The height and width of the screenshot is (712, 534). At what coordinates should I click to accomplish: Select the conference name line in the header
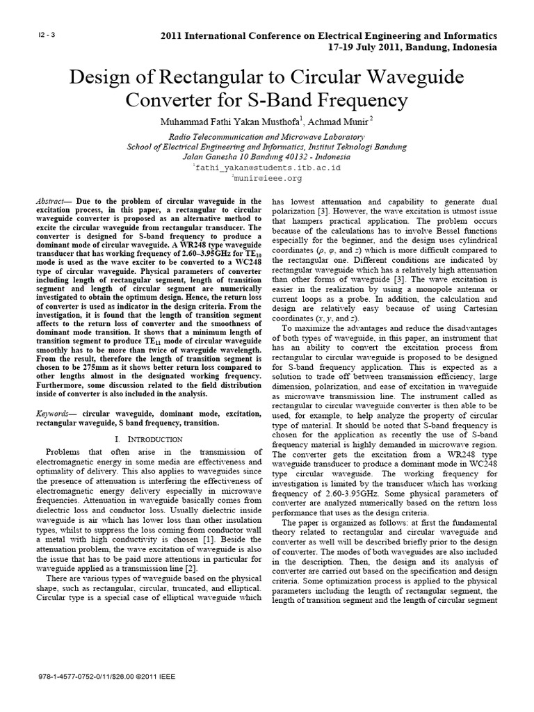(x=329, y=35)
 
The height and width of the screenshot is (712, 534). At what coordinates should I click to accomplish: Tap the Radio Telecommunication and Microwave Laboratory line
(x=267, y=137)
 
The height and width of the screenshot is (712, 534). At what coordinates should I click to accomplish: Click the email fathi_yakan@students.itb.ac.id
(x=268, y=168)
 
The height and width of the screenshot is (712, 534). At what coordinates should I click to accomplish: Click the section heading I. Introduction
(x=148, y=439)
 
